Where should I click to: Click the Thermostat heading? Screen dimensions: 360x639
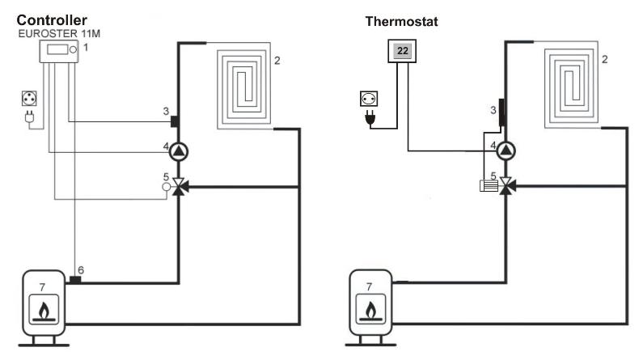click(x=403, y=23)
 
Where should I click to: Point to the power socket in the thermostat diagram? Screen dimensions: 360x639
click(x=367, y=100)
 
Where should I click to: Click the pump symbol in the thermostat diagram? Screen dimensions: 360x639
click(x=507, y=150)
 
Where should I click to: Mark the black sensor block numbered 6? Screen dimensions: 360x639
click(x=74, y=280)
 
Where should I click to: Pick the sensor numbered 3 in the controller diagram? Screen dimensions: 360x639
click(x=174, y=122)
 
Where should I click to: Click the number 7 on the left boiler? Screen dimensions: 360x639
click(x=29, y=285)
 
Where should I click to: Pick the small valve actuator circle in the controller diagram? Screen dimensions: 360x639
click(x=166, y=187)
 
